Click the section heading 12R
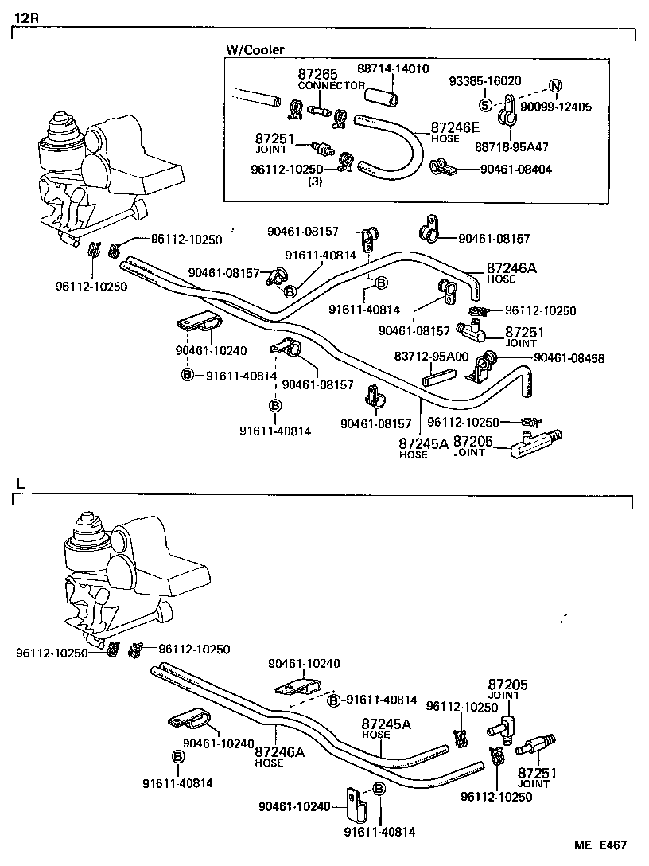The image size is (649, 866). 25,18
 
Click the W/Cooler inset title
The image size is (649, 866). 255,49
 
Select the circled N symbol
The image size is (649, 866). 555,86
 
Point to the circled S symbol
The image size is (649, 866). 484,105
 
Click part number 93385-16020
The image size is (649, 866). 485,81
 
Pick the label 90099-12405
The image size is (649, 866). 556,107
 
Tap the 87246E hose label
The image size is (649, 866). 457,127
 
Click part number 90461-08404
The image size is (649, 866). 515,169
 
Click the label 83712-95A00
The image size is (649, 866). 431,356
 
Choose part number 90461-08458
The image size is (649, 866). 569,358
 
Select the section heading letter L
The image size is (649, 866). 21,483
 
